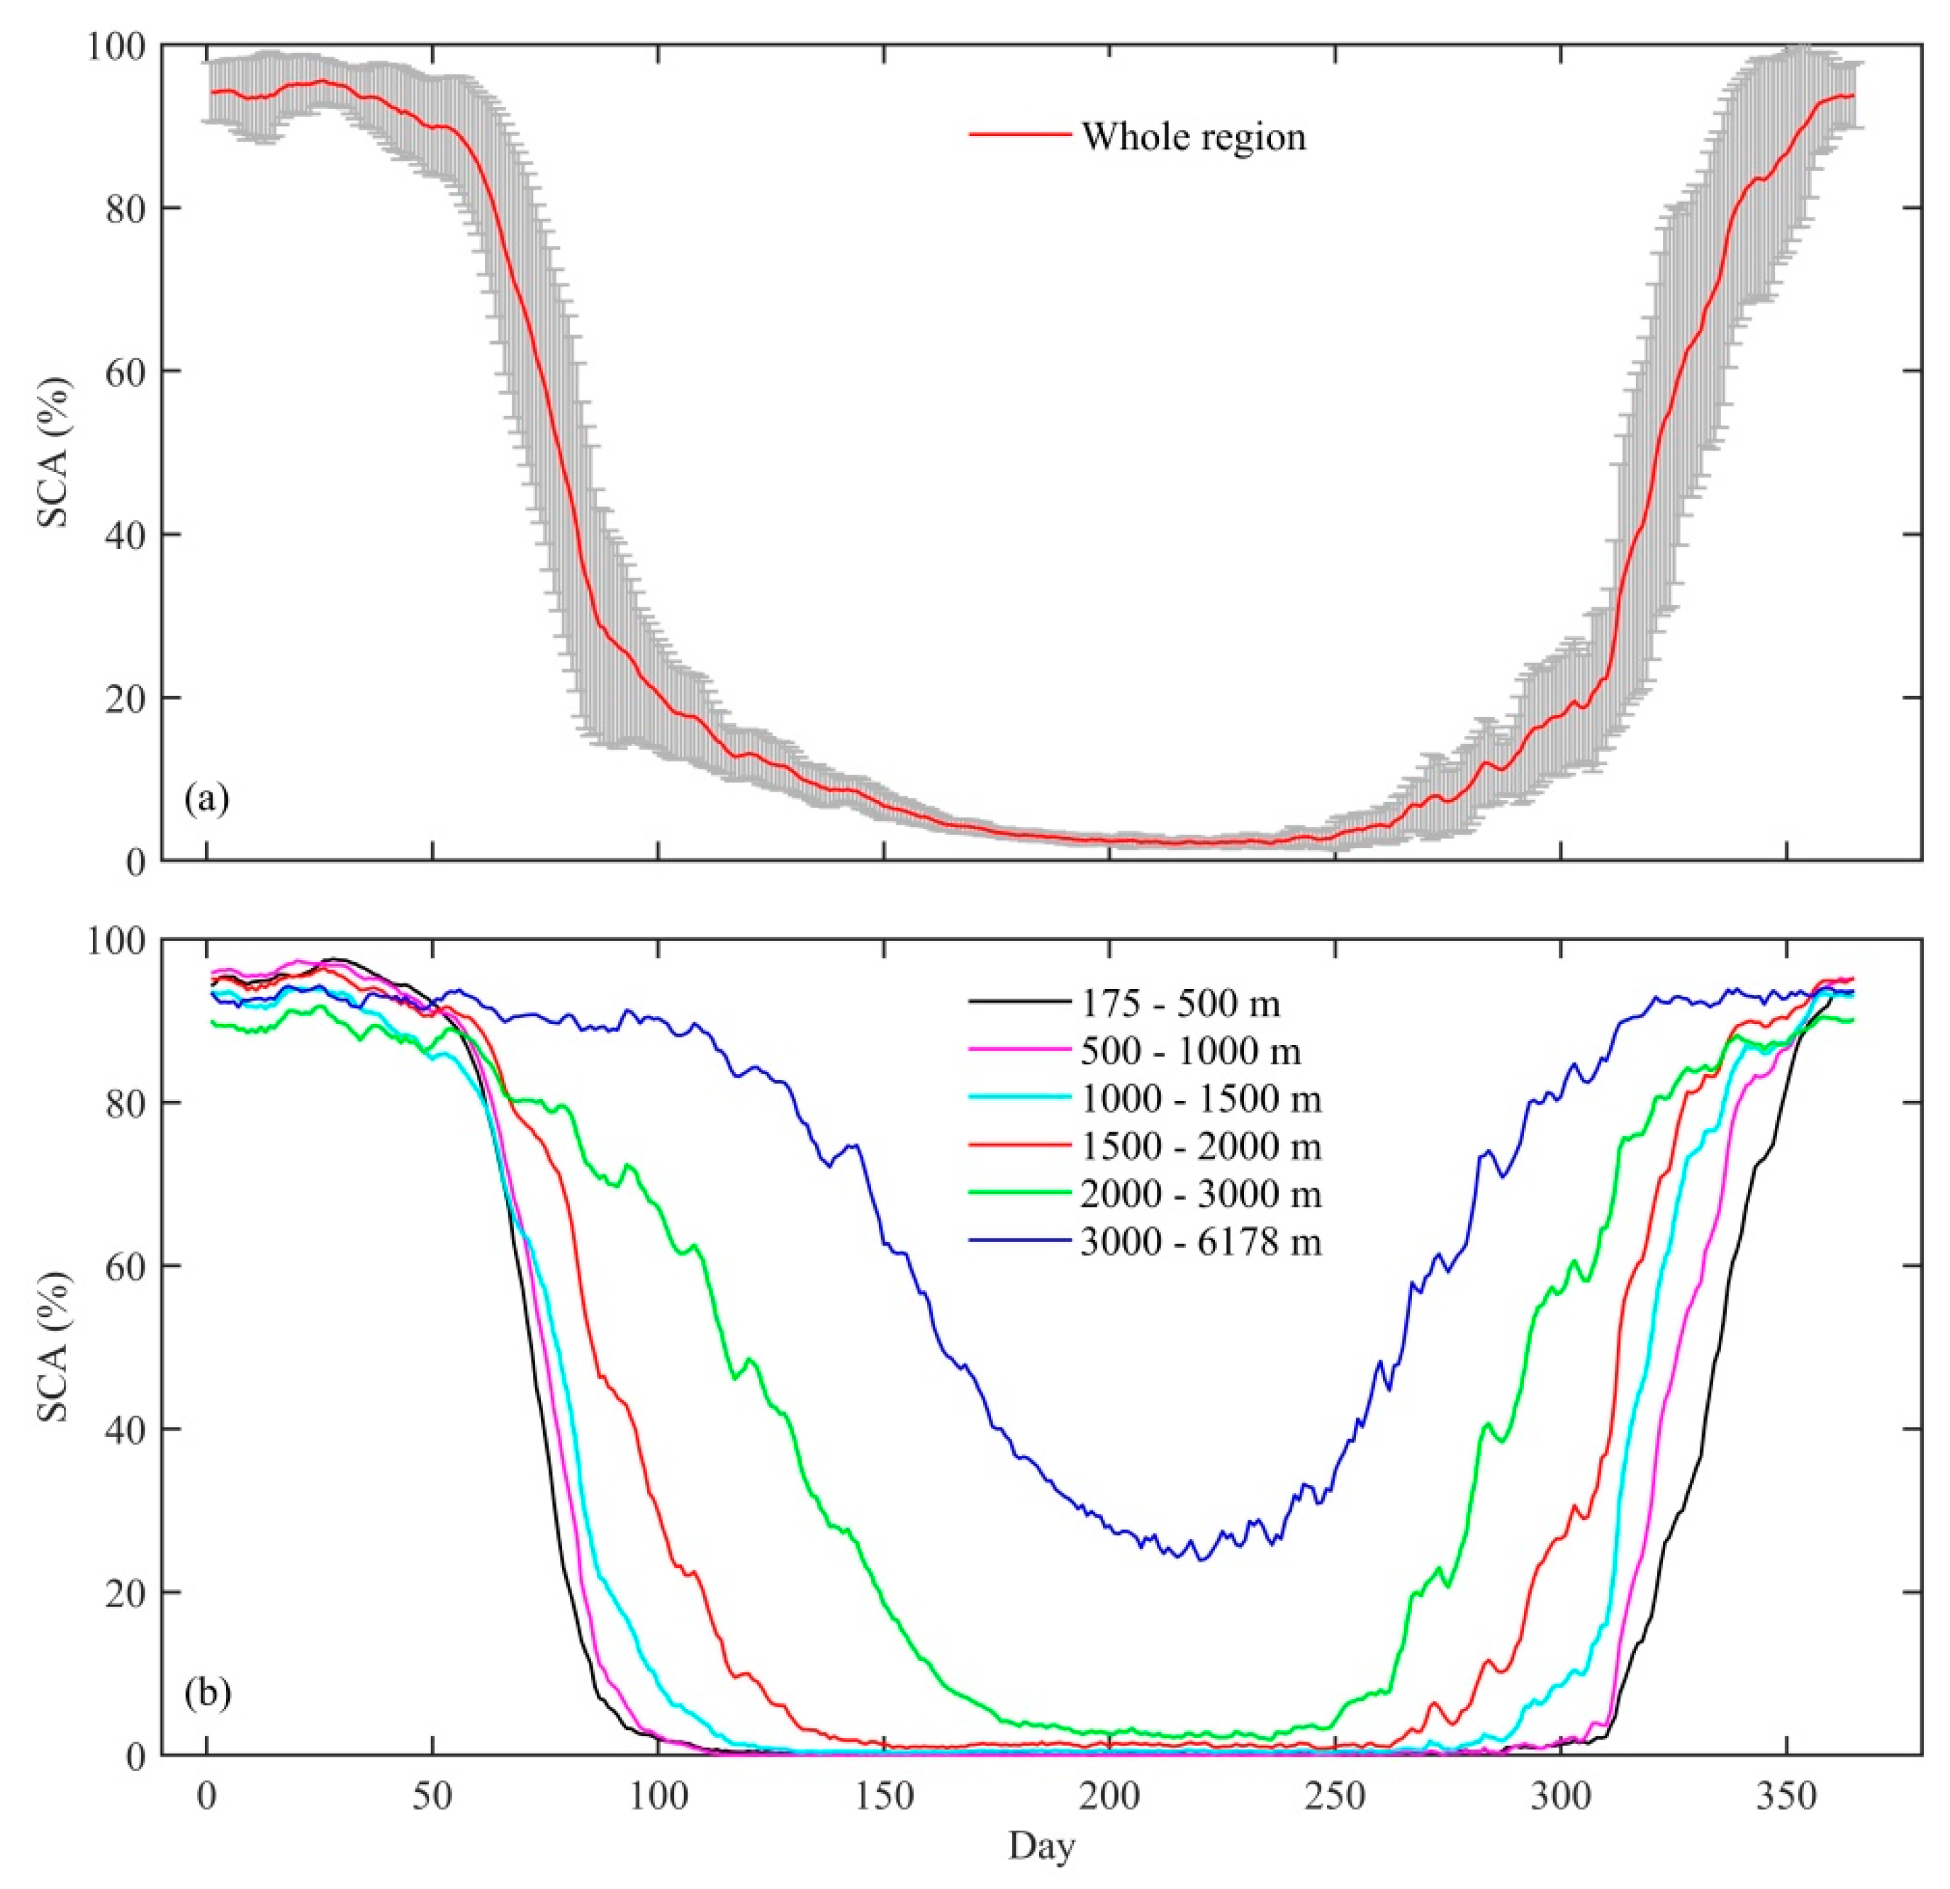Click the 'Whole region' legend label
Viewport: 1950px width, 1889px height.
coord(1193,136)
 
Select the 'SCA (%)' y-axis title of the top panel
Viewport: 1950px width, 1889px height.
coord(55,453)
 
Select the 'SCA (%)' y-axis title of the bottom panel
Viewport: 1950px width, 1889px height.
coord(55,1348)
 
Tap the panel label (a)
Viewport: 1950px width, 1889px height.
coord(207,799)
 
